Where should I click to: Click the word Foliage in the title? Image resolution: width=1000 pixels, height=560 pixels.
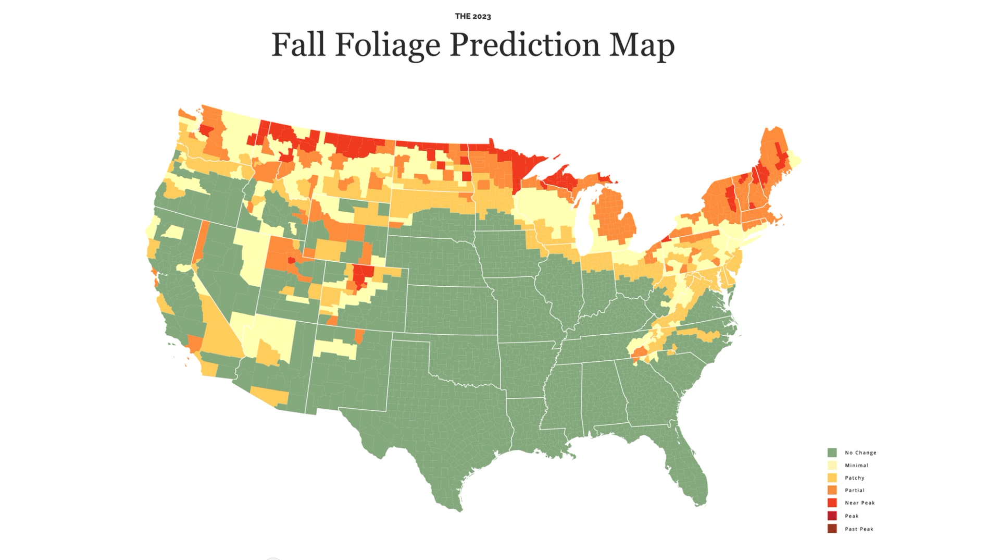387,45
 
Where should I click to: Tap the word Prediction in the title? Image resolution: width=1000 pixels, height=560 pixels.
524,45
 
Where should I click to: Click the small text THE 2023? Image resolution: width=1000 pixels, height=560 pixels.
472,16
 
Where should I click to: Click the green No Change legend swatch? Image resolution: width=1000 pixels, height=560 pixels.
832,453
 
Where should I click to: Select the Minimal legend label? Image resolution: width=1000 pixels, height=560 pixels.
856,465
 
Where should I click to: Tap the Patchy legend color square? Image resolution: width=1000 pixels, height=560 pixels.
832,478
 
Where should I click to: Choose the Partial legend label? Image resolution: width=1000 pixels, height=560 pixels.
854,490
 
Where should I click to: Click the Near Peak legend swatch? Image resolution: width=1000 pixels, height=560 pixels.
832,503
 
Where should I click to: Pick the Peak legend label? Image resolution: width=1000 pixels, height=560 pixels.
852,516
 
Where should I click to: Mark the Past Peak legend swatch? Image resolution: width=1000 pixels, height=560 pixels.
832,529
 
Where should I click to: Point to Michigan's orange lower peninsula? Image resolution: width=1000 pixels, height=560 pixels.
615,219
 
